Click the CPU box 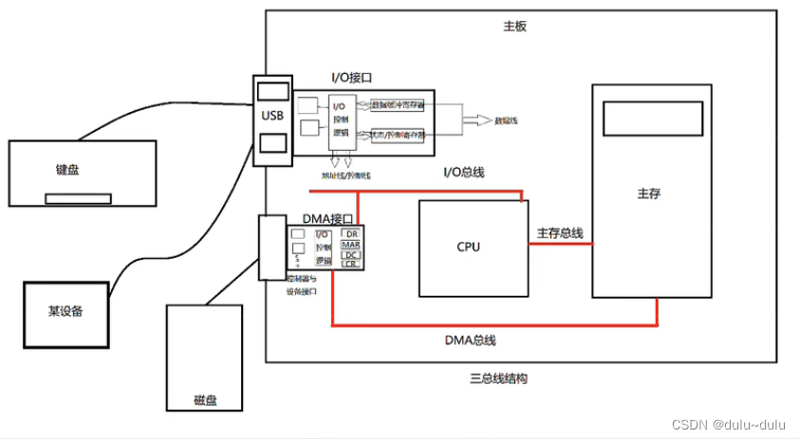[x=473, y=247]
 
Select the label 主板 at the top [x=514, y=27]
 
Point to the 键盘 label [x=67, y=170]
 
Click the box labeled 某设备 [x=65, y=311]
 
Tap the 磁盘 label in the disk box [x=205, y=400]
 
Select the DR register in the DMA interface [x=351, y=233]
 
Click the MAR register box [x=351, y=244]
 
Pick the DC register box [x=351, y=254]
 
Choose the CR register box [x=351, y=264]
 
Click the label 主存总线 [x=560, y=233]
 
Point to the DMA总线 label [x=471, y=340]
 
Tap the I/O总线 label [x=465, y=172]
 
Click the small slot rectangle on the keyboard [x=77, y=199]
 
